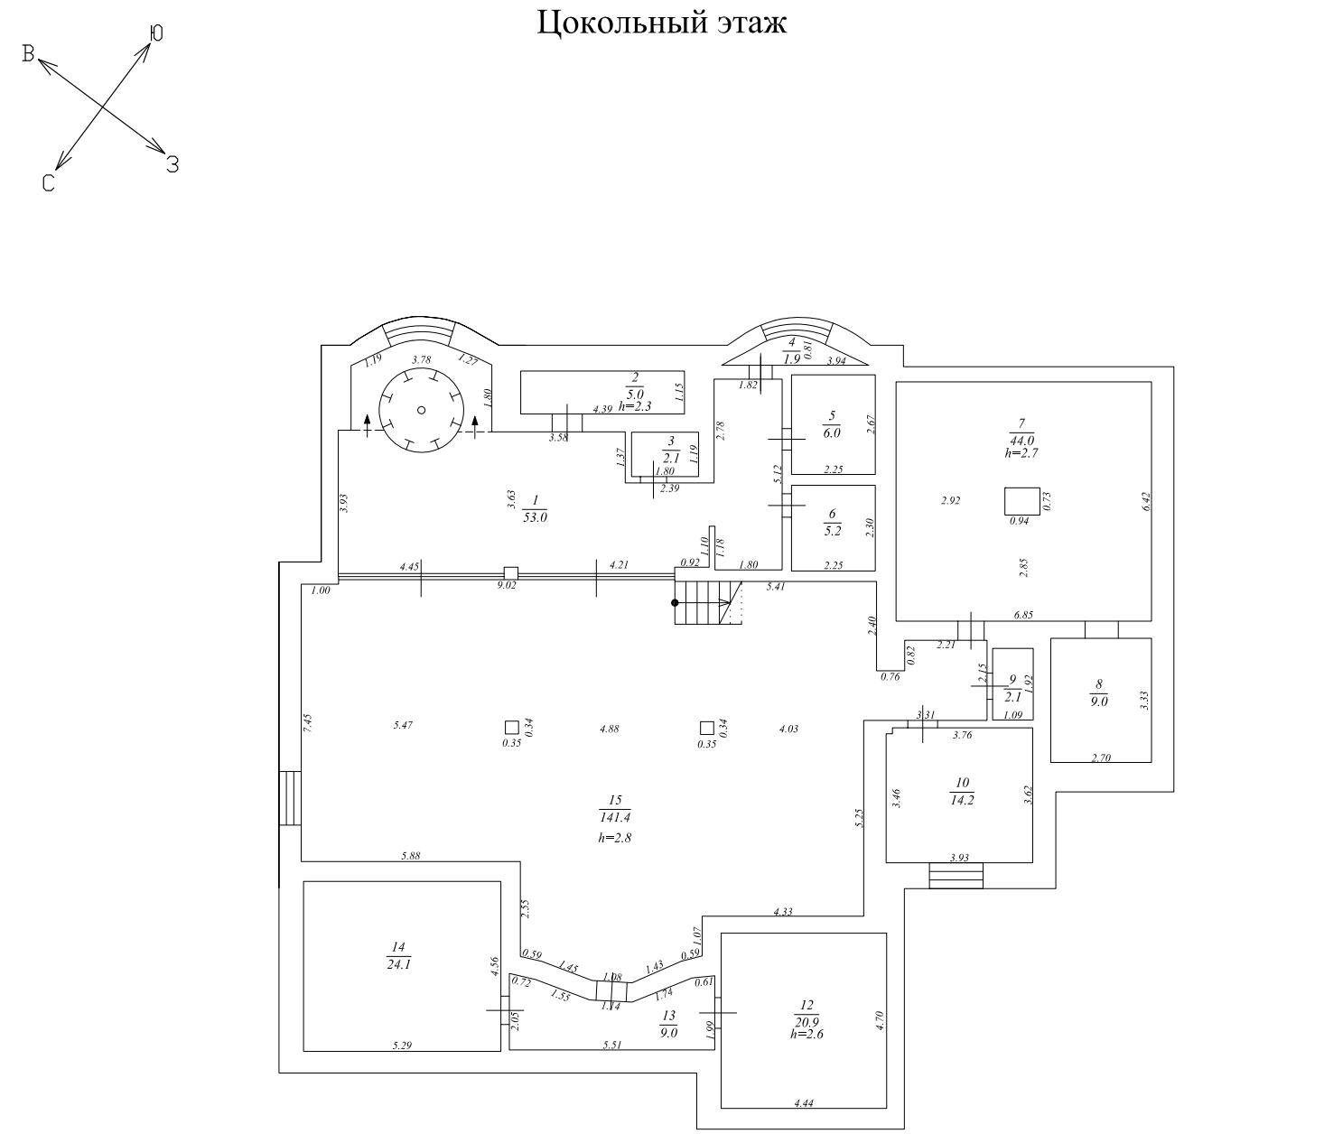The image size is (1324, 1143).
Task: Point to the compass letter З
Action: coord(172,164)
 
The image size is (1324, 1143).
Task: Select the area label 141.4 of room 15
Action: coord(615,817)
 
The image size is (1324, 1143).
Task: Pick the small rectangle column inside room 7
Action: coord(1022,500)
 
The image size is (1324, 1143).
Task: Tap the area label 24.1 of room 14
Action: coord(397,962)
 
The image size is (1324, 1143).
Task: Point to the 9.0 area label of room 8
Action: coord(1099,699)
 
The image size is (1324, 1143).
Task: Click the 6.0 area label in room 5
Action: coord(831,432)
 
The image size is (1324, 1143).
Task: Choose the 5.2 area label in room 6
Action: coord(832,530)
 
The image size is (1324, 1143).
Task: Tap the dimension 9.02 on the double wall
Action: coord(508,585)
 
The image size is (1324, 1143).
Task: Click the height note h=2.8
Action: coord(614,838)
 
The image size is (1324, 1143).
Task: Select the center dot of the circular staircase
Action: coord(422,410)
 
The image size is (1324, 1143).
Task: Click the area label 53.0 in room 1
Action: coord(536,517)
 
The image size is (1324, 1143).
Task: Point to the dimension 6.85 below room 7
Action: coord(1023,615)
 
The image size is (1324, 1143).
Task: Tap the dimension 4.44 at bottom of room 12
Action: coord(803,1102)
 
